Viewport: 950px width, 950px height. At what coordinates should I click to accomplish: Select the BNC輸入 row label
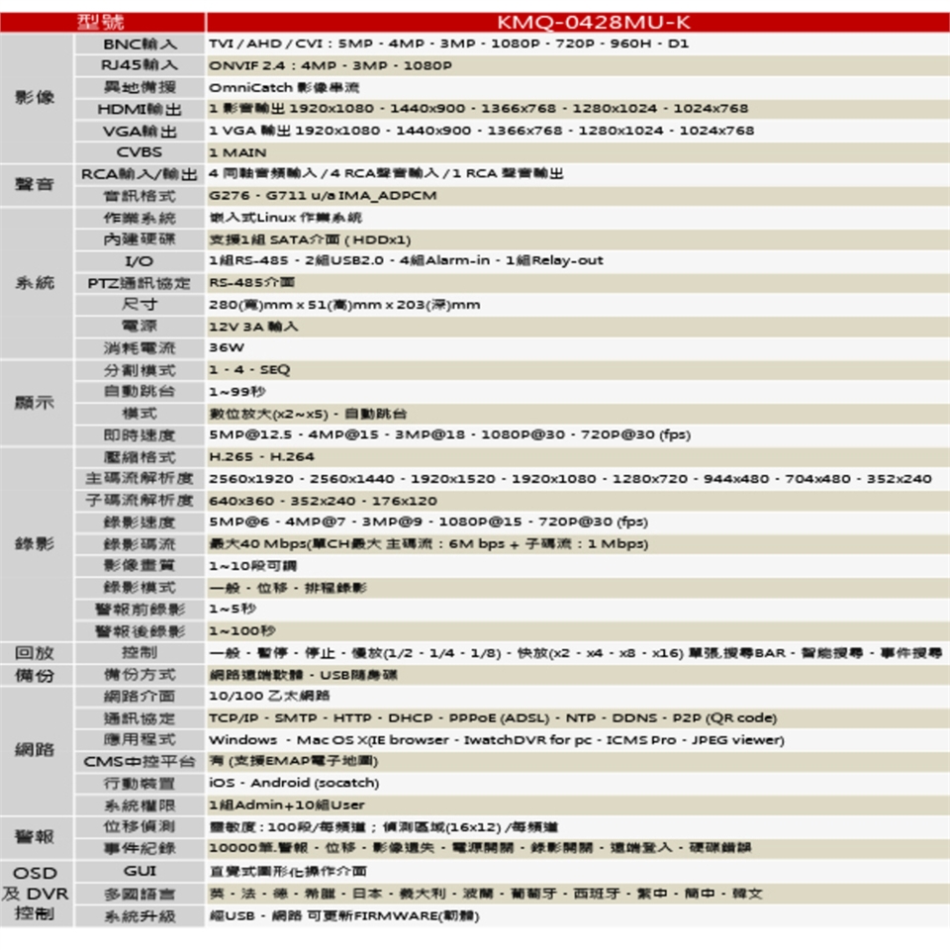point(140,44)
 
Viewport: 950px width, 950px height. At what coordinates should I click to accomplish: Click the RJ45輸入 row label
point(140,65)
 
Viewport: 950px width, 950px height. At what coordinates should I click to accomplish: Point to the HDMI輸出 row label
point(140,109)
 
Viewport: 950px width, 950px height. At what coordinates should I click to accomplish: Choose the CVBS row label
point(140,152)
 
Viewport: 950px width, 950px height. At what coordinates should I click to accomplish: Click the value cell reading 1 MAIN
point(238,153)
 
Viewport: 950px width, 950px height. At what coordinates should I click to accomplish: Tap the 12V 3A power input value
point(253,326)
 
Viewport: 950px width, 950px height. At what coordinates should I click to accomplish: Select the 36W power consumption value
point(227,347)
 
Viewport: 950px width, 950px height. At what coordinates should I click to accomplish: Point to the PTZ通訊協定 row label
point(140,283)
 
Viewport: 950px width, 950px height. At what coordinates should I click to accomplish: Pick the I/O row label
point(140,261)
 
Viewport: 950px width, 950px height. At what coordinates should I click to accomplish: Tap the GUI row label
point(140,871)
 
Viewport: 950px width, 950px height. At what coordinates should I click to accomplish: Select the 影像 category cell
point(36,98)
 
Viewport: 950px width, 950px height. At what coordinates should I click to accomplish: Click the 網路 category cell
point(36,750)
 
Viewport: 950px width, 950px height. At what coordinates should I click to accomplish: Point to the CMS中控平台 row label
point(140,761)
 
